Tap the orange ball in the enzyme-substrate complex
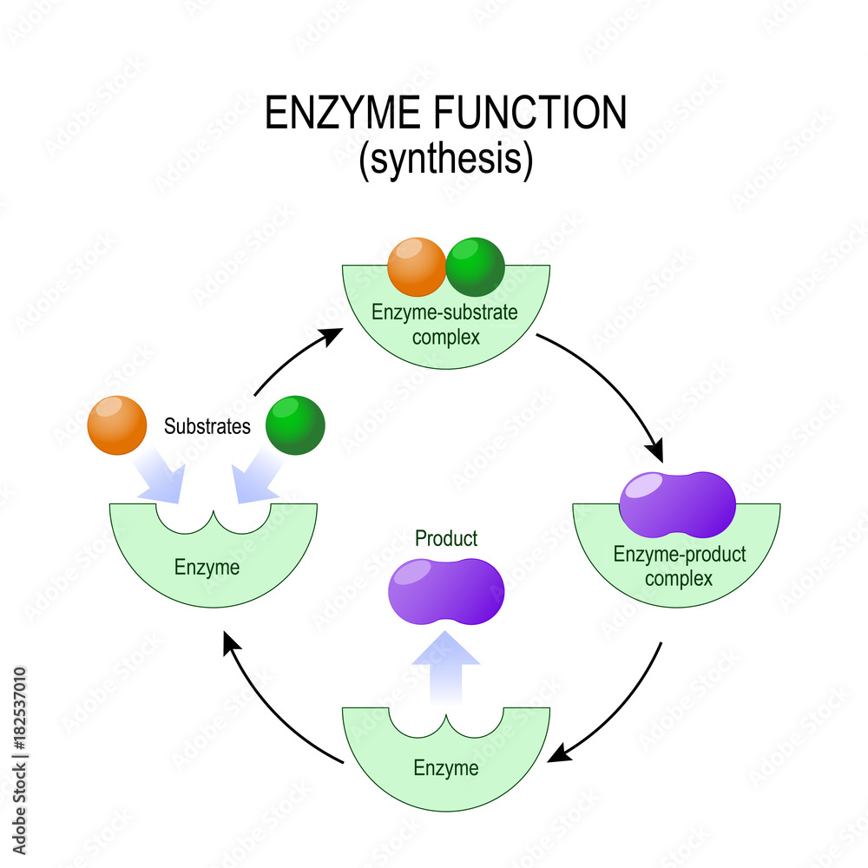(x=417, y=266)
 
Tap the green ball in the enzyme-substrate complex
(x=475, y=266)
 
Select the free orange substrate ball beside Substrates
(x=117, y=424)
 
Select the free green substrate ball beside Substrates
(x=295, y=424)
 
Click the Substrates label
(x=207, y=426)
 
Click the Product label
(x=446, y=539)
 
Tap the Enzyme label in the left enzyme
(x=207, y=569)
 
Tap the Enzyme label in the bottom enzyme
(x=445, y=768)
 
